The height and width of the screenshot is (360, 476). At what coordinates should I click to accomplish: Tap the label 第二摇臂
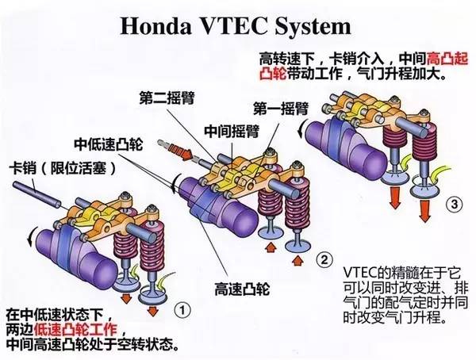point(165,99)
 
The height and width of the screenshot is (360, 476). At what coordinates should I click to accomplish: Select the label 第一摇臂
point(278,107)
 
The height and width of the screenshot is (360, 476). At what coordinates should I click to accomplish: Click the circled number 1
point(182,304)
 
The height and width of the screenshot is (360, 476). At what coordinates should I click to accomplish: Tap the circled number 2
point(322,259)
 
